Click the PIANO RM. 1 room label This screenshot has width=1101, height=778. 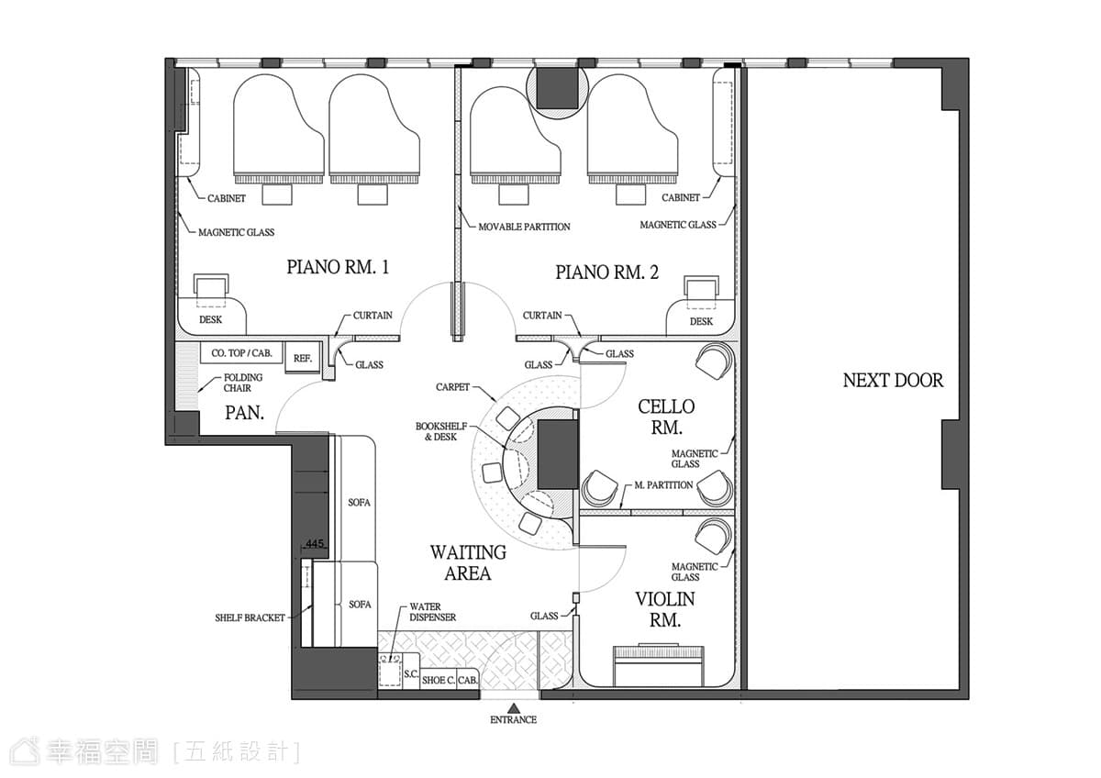(x=338, y=267)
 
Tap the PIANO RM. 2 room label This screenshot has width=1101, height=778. (x=607, y=272)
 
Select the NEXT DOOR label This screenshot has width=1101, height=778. (x=893, y=381)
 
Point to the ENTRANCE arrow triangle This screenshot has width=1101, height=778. (x=514, y=707)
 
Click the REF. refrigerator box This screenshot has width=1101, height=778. (x=303, y=359)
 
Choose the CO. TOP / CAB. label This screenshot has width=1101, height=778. (x=241, y=353)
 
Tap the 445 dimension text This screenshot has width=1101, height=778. (x=315, y=543)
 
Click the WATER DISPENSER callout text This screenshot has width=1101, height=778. (x=432, y=612)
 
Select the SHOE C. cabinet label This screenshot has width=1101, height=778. (x=438, y=680)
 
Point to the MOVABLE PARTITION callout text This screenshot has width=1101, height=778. (x=524, y=227)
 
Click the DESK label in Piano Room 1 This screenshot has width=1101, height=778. (x=210, y=319)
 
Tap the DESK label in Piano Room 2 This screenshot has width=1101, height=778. (x=701, y=321)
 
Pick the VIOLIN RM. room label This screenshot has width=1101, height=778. (x=665, y=610)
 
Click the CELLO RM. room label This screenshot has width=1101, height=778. (x=666, y=417)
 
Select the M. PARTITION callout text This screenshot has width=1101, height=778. (x=663, y=485)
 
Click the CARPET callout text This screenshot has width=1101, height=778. (x=452, y=387)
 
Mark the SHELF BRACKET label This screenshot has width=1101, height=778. (x=250, y=617)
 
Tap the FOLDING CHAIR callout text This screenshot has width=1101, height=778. (x=243, y=383)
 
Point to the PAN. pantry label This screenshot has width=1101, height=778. (x=244, y=413)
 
